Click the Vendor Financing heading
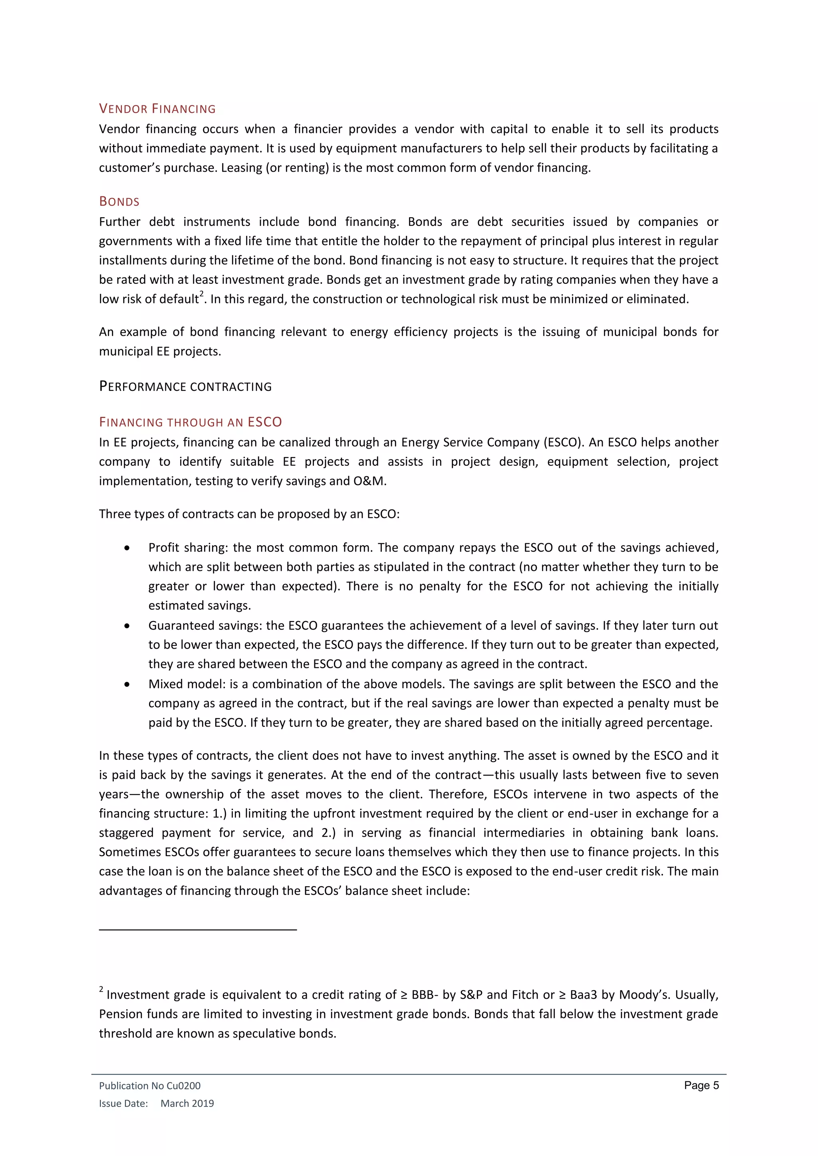coord(157,109)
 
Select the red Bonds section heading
coord(119,202)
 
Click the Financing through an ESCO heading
coord(191,422)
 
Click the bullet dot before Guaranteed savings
coord(127,626)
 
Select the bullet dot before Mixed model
coord(127,684)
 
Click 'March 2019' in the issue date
coord(187,1103)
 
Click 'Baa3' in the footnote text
coord(583,995)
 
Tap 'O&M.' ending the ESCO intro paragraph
coord(370,481)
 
